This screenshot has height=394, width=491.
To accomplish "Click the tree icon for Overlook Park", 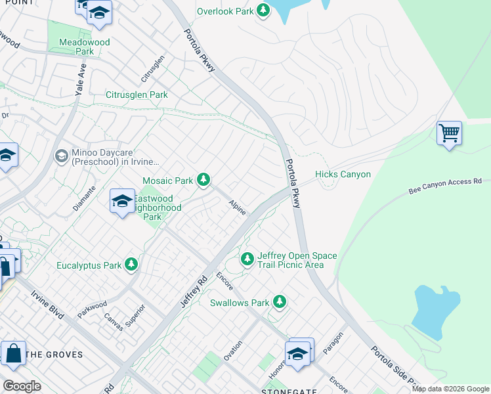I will [x=263, y=11].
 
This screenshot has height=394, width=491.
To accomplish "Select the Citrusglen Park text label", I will [x=137, y=95].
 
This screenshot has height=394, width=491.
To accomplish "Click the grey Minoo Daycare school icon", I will [x=61, y=156].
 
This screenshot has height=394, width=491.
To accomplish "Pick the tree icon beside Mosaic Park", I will [x=204, y=179].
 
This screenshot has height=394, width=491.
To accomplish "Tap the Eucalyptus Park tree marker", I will [x=132, y=265].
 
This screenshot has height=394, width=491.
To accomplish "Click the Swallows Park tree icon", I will [x=280, y=302].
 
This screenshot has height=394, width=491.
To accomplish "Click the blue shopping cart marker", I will [x=449, y=133].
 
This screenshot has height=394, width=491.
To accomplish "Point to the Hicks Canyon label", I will [x=343, y=174].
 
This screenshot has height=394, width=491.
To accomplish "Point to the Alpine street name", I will [x=237, y=208].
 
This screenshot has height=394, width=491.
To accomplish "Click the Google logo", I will [x=22, y=385].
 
